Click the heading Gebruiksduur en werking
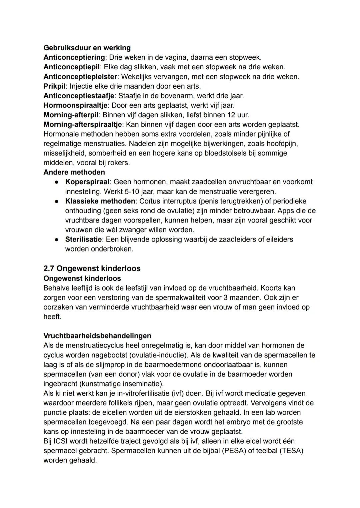(87, 48)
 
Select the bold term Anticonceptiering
(74, 57)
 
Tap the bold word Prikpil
(54, 86)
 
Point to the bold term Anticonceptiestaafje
(79, 96)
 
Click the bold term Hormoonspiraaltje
(75, 106)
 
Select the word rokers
(119, 163)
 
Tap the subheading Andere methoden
(74, 172)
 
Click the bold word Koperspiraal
(87, 182)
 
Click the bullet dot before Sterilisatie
(57, 240)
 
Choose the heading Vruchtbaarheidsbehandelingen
(97, 336)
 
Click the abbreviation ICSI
(61, 441)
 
